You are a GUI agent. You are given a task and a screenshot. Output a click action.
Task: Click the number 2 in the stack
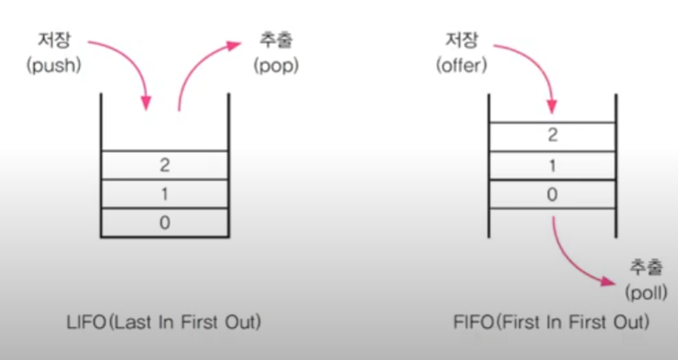click(164, 163)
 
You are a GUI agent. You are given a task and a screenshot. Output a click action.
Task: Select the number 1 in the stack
click(164, 193)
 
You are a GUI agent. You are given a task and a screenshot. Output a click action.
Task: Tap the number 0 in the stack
click(164, 223)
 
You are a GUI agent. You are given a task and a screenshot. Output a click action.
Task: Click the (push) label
click(53, 65)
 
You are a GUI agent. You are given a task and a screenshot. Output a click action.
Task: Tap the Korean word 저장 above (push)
click(55, 41)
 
